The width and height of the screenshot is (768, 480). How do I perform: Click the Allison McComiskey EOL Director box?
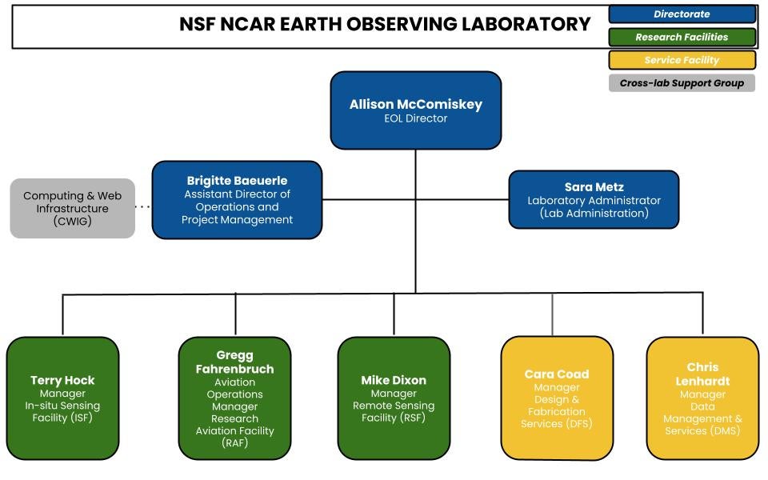tap(416, 110)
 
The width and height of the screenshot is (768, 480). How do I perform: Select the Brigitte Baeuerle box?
tap(237, 200)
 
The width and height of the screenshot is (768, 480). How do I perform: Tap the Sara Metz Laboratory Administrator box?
tap(594, 199)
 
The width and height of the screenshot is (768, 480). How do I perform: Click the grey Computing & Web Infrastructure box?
tap(73, 208)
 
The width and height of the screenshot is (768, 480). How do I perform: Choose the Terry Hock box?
tap(62, 398)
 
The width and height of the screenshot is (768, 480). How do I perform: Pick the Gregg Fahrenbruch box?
tap(234, 398)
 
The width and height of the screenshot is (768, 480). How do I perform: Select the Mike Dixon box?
tap(394, 398)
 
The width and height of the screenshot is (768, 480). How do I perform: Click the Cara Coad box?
tap(557, 398)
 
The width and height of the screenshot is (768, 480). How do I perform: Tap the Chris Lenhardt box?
tap(703, 398)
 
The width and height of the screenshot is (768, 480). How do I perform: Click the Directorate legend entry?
tap(682, 14)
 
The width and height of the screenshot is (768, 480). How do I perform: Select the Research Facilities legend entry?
tap(682, 38)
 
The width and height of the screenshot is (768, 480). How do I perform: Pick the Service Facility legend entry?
tap(682, 60)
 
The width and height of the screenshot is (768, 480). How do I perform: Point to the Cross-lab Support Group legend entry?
tap(682, 83)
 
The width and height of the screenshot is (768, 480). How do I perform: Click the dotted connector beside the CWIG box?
tap(142, 207)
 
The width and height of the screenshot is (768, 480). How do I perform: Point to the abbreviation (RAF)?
tap(234, 442)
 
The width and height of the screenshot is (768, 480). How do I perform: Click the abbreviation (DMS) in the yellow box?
tap(702, 430)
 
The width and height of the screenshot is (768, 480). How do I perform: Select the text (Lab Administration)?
tap(594, 213)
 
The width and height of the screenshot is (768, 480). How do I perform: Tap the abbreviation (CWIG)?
tap(73, 221)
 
